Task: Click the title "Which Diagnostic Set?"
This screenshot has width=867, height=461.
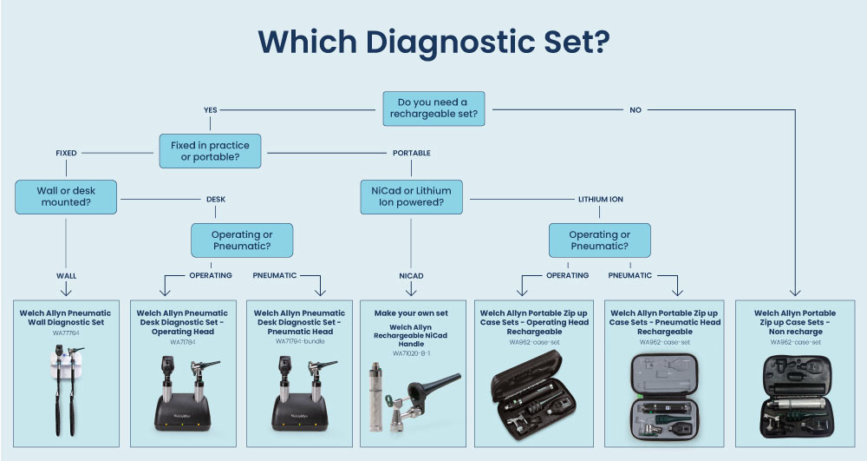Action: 433,42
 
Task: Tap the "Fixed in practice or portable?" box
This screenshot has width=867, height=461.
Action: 211,150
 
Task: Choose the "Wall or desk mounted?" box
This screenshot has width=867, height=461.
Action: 67,196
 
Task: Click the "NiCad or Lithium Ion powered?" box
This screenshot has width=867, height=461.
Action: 412,196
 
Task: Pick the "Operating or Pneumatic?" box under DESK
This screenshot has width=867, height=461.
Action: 242,240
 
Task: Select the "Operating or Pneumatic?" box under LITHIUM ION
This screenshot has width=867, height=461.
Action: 599,240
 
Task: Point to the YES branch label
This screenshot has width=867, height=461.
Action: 210,110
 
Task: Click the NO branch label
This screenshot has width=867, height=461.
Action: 636,110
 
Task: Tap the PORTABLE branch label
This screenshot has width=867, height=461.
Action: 412,154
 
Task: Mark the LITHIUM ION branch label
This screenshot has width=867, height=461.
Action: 600,200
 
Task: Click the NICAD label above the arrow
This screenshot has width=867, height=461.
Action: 412,276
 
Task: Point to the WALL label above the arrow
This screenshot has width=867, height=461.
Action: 67,276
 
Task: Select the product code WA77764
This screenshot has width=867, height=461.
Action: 67,333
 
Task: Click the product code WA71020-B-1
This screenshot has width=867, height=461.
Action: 411,353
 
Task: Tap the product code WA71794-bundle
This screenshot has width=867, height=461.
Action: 299,341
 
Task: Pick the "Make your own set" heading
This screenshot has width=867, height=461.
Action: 412,313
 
